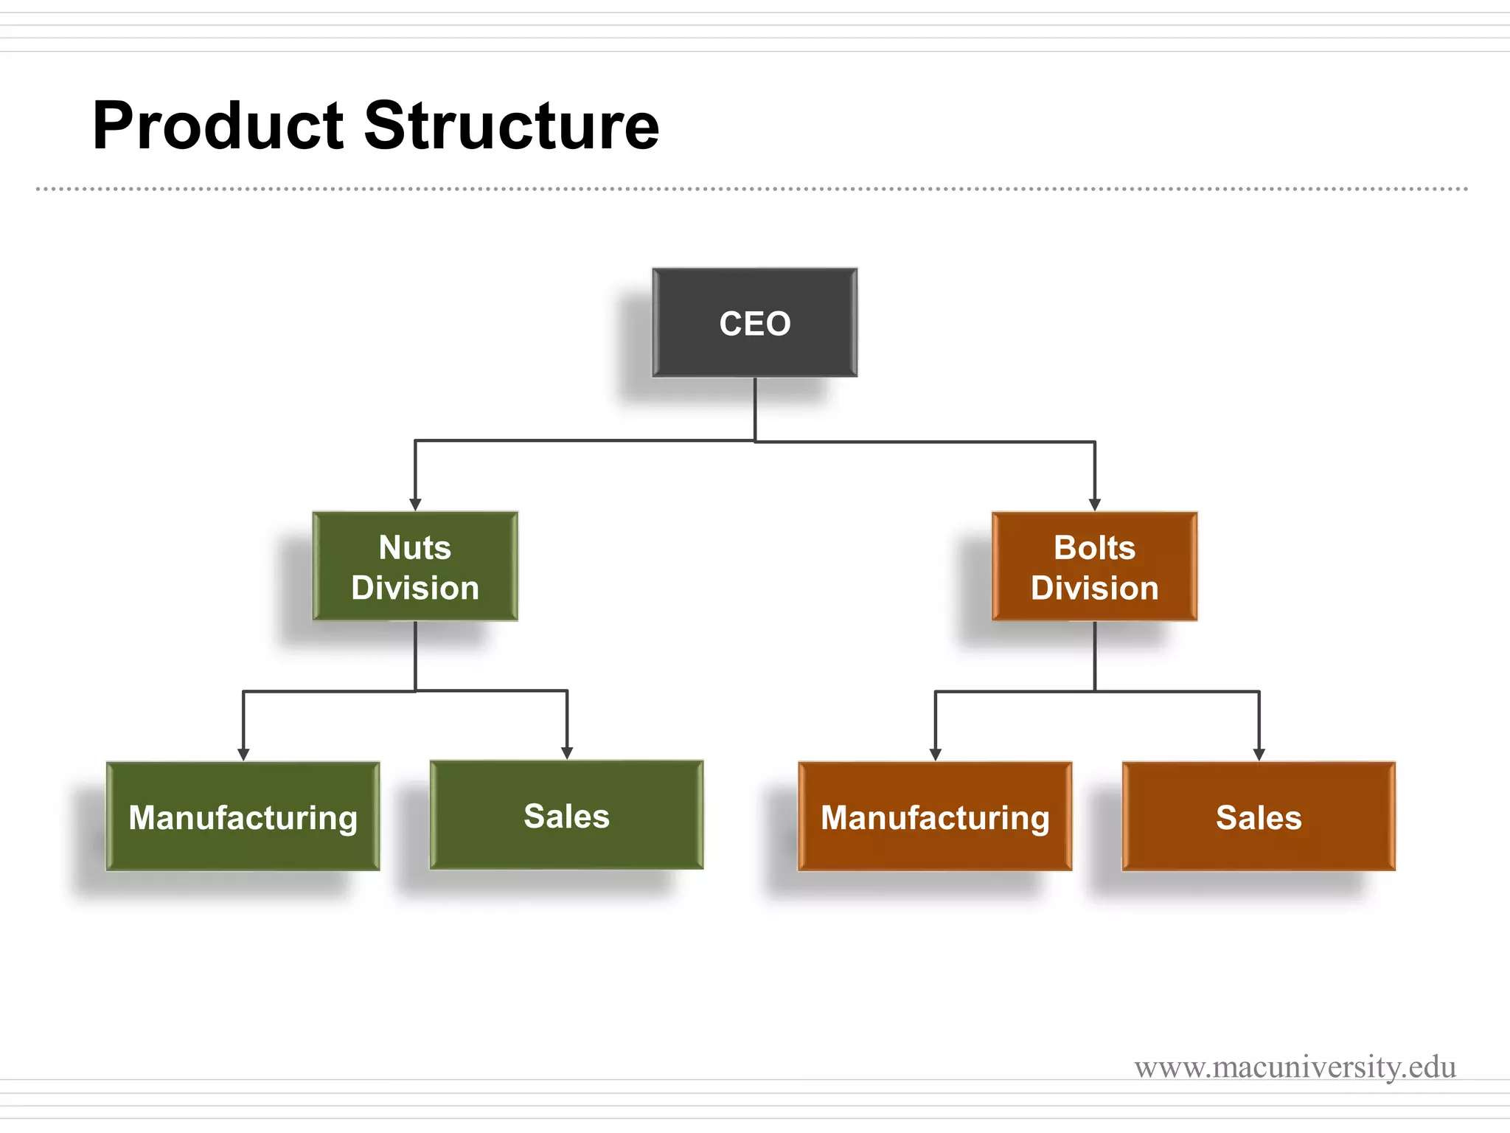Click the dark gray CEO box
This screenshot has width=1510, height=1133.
[754, 323]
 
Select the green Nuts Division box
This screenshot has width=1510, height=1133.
[415, 566]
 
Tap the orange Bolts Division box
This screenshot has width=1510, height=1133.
[1094, 566]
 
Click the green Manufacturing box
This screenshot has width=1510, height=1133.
[243, 817]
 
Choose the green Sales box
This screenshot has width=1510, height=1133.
[566, 815]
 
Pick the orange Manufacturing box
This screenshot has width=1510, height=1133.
[935, 817]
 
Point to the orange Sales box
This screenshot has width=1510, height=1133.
[1259, 817]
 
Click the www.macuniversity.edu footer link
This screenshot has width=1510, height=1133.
[1295, 1067]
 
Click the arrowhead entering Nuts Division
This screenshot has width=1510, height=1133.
[415, 505]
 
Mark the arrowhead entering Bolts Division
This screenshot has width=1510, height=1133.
[1095, 505]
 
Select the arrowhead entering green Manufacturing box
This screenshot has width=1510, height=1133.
[243, 755]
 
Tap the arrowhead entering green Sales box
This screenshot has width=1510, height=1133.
[567, 753]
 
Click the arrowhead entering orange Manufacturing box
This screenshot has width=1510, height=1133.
[936, 755]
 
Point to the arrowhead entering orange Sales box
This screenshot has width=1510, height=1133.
[1259, 755]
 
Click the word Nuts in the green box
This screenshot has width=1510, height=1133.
[414, 547]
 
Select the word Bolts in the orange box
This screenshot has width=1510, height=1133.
[1094, 547]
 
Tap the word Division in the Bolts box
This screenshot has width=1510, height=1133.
[1094, 588]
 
